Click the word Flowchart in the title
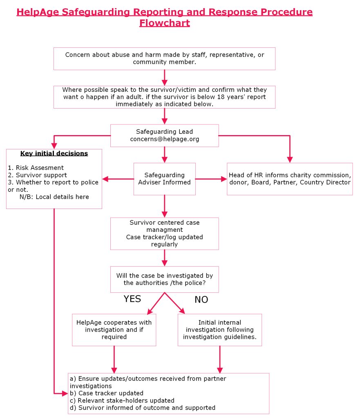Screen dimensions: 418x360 164,23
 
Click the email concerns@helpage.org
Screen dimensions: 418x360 164,139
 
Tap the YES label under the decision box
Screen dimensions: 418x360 132,299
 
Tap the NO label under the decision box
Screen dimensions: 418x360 201,300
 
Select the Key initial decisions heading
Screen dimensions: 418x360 54,153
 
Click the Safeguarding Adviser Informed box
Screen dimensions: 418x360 164,179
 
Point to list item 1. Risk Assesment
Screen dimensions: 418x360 36,168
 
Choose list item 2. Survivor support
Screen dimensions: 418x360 37,175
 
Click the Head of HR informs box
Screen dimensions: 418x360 290,179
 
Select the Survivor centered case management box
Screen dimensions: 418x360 164,233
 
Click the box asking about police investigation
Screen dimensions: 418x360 164,279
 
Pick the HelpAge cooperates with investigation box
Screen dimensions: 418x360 114,330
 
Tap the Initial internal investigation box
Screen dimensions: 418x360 219,330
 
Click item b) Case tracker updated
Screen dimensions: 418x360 107,393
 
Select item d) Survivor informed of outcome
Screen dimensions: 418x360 143,407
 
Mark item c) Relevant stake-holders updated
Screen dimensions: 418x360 122,400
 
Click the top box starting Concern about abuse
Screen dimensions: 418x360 164,58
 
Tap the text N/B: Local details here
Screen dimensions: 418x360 54,197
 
